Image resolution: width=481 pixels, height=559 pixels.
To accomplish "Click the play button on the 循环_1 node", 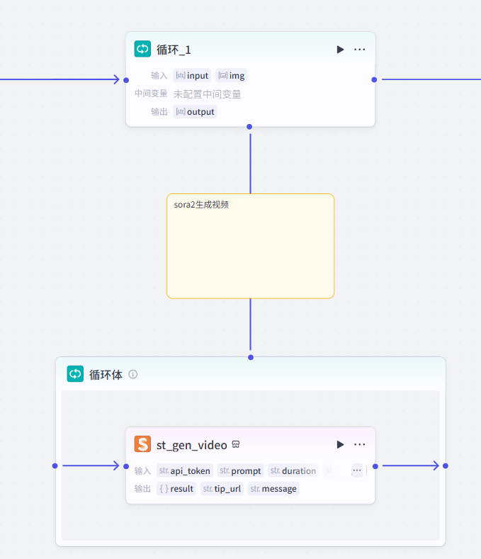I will point(341,50).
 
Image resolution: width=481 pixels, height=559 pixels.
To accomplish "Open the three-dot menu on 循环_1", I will point(360,50).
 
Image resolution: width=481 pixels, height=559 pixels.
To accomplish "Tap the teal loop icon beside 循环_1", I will point(142,49).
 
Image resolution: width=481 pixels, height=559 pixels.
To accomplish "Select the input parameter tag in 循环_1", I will point(192,76).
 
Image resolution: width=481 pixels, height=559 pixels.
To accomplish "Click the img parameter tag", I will point(232,76).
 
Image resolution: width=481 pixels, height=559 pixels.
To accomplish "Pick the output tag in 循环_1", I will point(195,112).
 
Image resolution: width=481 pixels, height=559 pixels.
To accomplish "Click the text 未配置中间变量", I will point(207,94).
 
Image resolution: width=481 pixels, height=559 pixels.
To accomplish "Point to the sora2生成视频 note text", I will point(201,205).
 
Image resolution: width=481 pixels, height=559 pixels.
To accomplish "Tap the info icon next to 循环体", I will point(132,374).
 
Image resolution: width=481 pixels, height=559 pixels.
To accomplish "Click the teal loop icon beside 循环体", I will point(75,374).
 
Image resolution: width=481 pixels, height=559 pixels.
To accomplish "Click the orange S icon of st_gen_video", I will point(142,444).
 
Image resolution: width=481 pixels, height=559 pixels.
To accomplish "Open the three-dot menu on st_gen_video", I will point(360,444).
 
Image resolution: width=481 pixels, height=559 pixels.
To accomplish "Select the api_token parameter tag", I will point(185,470).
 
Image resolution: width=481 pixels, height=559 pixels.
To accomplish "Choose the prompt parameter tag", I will point(241,470).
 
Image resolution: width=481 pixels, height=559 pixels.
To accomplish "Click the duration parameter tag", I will point(293,470).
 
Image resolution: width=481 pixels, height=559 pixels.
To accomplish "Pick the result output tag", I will point(176,488).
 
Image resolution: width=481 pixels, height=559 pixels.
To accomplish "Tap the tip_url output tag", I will point(222,488).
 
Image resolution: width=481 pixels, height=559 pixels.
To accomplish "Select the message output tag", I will point(273,488).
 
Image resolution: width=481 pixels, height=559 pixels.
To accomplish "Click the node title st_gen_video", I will point(191,445).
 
